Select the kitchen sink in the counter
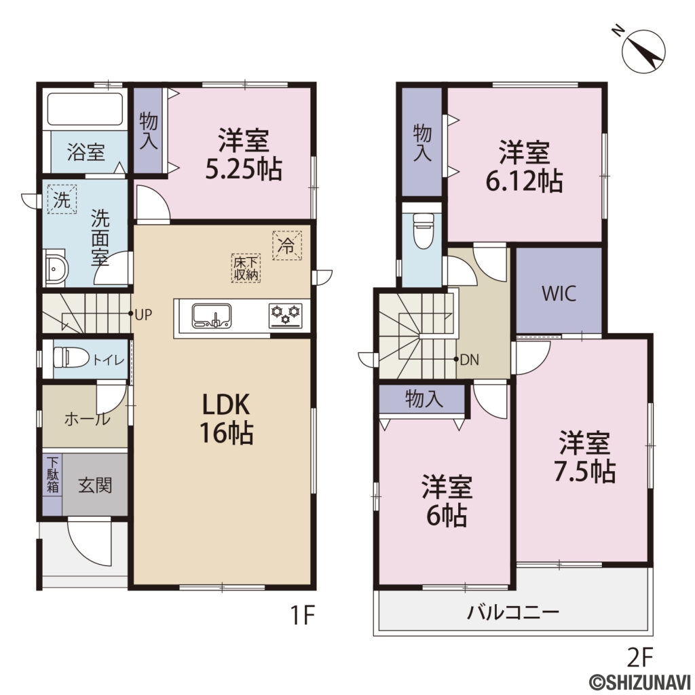pyautogui.click(x=212, y=316)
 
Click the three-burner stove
pyautogui.click(x=286, y=316)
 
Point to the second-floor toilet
pyautogui.click(x=423, y=230)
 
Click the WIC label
pyautogui.click(x=559, y=294)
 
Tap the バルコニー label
pyautogui.click(x=513, y=613)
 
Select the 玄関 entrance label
pyautogui.click(x=94, y=485)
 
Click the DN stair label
pyautogui.click(x=469, y=360)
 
